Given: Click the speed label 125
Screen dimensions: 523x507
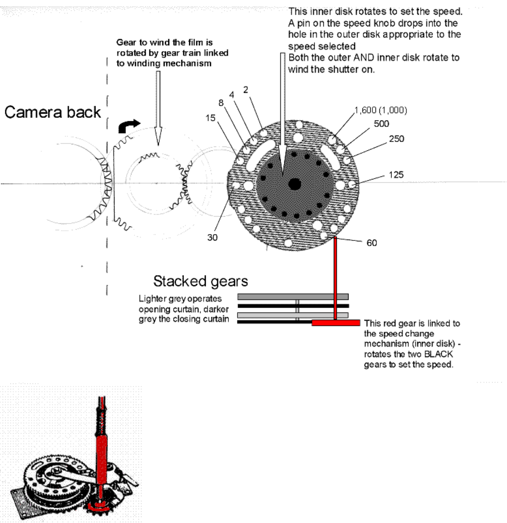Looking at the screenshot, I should [x=396, y=175].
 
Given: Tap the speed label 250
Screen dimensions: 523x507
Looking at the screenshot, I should [x=396, y=139].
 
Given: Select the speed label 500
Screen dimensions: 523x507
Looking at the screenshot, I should [x=381, y=124].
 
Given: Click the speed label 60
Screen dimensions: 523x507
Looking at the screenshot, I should [x=372, y=243].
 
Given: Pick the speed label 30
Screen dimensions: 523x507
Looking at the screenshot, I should [x=212, y=237].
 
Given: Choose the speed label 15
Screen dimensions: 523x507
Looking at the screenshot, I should [x=211, y=118].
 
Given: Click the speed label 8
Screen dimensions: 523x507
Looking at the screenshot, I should [x=221, y=103].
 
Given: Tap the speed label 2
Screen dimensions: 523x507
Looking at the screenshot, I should [x=246, y=90].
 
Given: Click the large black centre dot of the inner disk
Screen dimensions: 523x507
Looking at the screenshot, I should [x=295, y=184].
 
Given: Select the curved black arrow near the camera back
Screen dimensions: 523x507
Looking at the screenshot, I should [x=129, y=125].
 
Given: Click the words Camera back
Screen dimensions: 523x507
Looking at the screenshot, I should [x=53, y=112].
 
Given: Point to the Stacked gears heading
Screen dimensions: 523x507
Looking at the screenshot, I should [x=201, y=281].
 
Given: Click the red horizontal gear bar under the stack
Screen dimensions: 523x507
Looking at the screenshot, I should [x=336, y=323].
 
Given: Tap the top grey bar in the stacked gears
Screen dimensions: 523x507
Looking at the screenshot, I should [x=293, y=297].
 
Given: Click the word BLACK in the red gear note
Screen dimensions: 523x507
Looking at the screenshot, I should [x=439, y=354].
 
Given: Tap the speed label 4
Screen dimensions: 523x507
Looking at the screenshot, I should [x=231, y=94].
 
